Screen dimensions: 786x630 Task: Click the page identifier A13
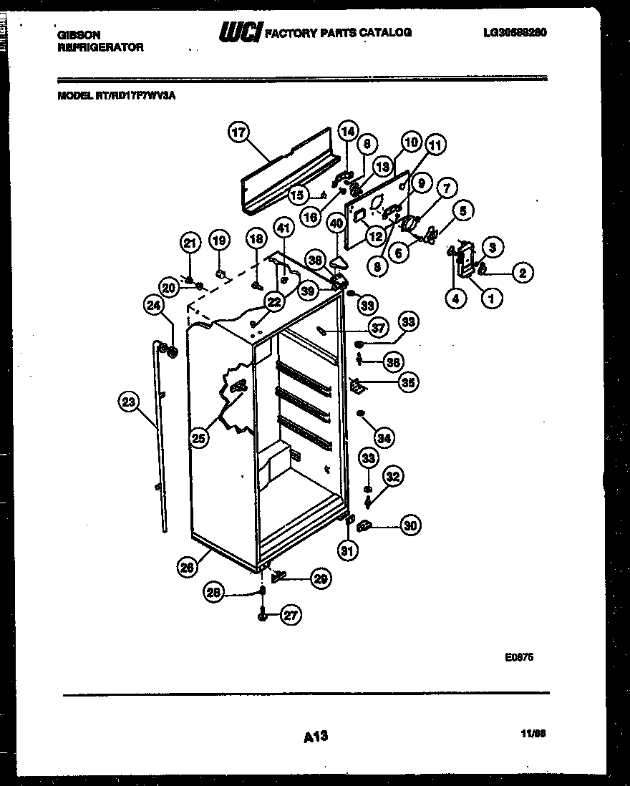(315, 735)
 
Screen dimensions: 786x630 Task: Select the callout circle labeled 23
(128, 402)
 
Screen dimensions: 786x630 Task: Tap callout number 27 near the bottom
(291, 614)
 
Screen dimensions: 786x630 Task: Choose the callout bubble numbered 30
(409, 526)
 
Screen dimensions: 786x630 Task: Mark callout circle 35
(408, 382)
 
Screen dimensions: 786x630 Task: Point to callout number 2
(523, 272)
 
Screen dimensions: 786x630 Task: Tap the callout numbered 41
(284, 230)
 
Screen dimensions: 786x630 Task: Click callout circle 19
(219, 241)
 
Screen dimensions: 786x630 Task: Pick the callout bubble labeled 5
(462, 211)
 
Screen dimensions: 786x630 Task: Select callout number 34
(384, 437)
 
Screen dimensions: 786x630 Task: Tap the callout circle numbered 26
(188, 568)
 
